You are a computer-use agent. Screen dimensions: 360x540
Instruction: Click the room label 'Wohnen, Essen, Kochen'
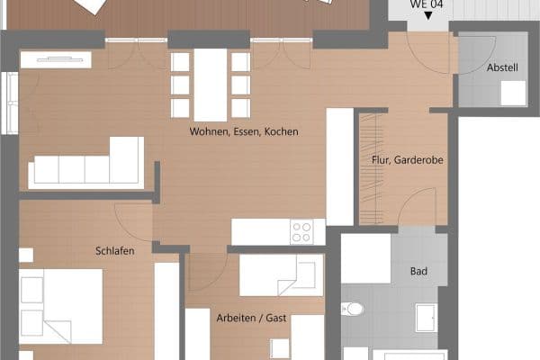tap(243, 131)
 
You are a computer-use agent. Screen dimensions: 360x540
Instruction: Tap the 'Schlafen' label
tap(114, 251)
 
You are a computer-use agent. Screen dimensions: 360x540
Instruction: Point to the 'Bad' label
tap(418, 270)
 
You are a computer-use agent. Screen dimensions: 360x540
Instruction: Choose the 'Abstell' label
tap(502, 68)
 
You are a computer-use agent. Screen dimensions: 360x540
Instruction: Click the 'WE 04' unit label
tap(427, 4)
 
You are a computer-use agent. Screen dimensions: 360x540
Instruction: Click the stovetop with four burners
tap(301, 232)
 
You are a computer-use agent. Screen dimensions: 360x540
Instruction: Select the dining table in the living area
tap(211, 84)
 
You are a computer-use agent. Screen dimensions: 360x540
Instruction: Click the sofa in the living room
tap(86, 165)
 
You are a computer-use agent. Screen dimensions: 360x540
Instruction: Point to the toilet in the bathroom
tap(353, 310)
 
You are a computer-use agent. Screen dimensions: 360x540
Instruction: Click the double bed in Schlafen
tap(61, 306)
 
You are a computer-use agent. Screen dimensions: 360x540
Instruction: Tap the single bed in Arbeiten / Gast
tap(279, 274)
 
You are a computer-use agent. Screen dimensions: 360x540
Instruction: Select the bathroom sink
tap(425, 318)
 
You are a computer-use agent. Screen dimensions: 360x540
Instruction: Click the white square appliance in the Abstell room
tap(514, 94)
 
